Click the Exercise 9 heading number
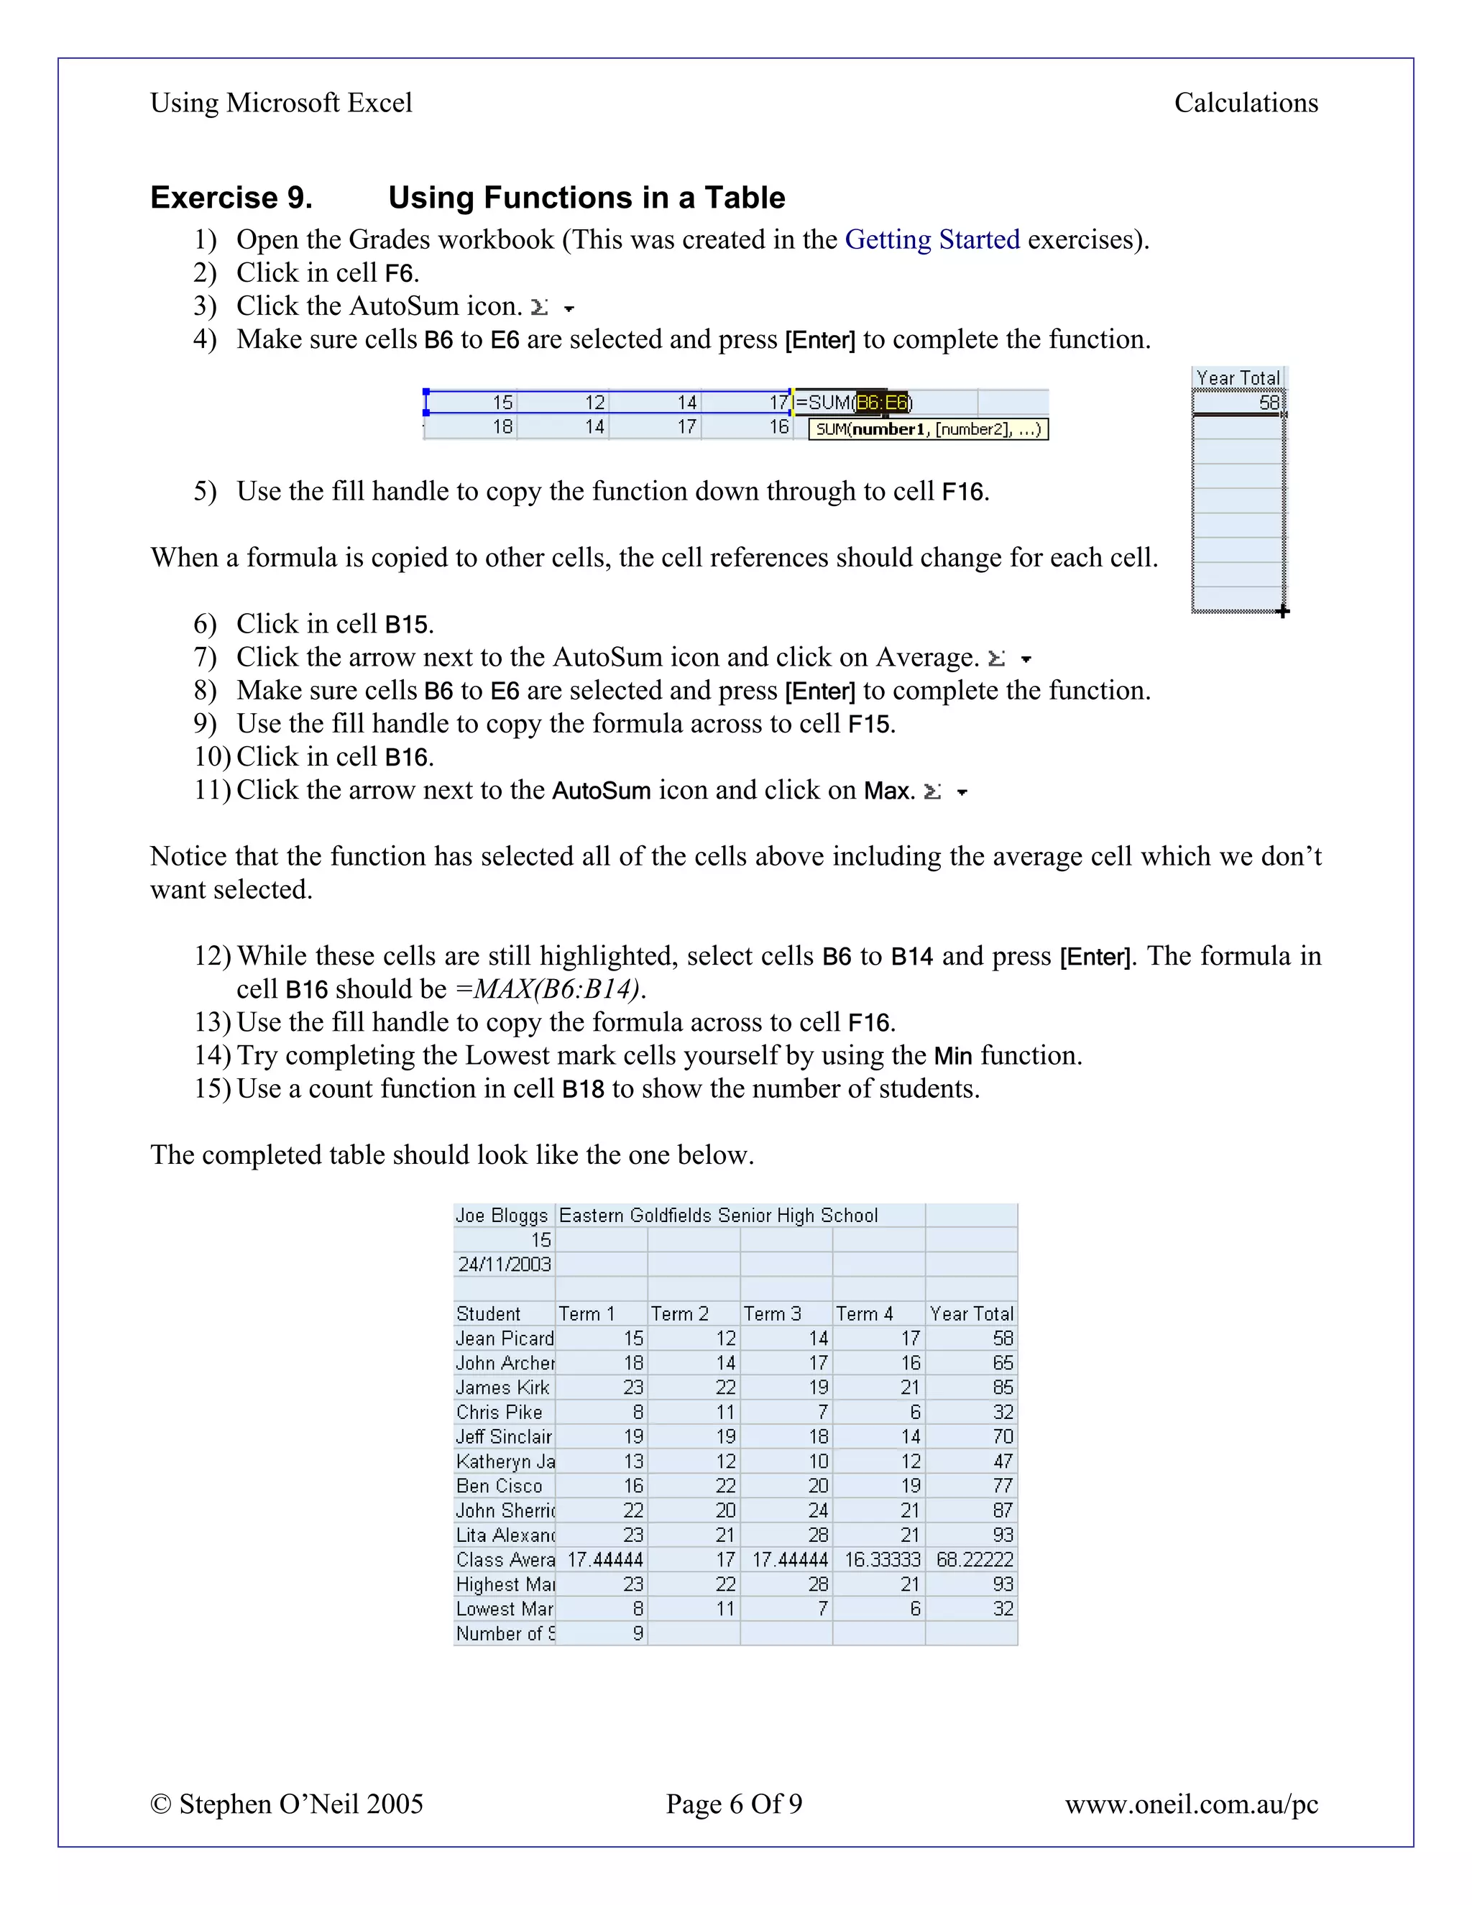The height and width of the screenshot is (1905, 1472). coord(231,198)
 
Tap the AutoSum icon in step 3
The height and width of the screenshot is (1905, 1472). coord(540,307)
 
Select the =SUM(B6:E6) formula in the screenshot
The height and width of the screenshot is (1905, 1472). coord(853,402)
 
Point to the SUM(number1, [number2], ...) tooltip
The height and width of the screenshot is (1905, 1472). coord(928,429)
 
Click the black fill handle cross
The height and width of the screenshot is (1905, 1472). coord(1282,612)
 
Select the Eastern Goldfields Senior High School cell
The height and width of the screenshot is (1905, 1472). coord(718,1215)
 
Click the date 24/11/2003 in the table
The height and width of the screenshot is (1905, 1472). coord(504,1264)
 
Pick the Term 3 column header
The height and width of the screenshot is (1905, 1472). coord(772,1313)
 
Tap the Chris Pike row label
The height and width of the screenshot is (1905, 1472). coord(499,1412)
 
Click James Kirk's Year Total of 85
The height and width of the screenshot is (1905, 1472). coord(1003,1387)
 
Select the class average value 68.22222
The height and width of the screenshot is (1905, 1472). coord(974,1560)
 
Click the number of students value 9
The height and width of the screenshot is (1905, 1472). coord(638,1634)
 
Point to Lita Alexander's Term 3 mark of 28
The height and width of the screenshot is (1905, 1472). coord(818,1536)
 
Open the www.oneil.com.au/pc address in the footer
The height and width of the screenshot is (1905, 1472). coord(1190,1804)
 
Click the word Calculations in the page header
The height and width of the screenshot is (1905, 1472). coord(1246,103)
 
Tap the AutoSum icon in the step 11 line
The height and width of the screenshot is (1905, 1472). coord(932,792)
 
